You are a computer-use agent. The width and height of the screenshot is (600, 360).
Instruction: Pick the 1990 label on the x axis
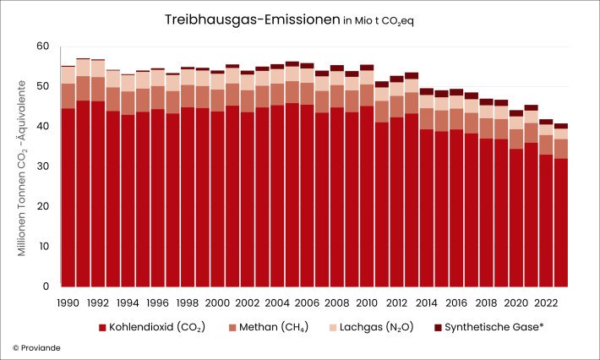68,302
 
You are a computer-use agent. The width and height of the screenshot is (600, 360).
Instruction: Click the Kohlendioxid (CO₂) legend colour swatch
103,326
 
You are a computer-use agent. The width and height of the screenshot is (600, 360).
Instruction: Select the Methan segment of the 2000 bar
217,100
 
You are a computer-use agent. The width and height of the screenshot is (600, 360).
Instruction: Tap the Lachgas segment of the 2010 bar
367,77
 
